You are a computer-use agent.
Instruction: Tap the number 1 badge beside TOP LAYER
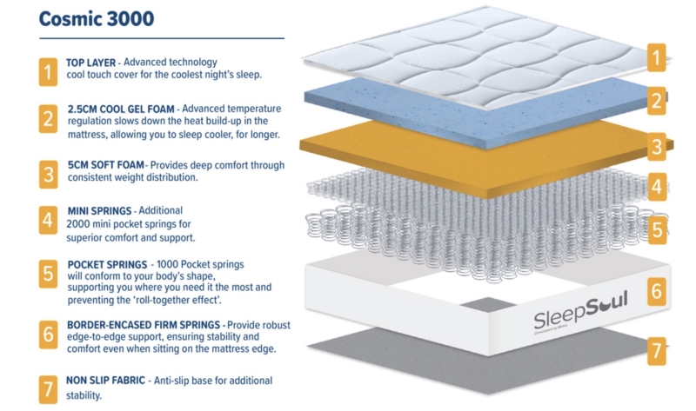point(44,70)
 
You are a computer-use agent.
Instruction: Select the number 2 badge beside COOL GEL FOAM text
point(44,119)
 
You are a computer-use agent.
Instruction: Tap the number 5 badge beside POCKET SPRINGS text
point(44,275)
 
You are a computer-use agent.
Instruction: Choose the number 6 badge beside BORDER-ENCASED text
point(44,335)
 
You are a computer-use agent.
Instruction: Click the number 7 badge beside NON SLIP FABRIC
point(44,386)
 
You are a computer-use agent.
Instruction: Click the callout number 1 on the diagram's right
point(659,57)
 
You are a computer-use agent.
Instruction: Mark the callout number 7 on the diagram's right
point(659,354)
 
